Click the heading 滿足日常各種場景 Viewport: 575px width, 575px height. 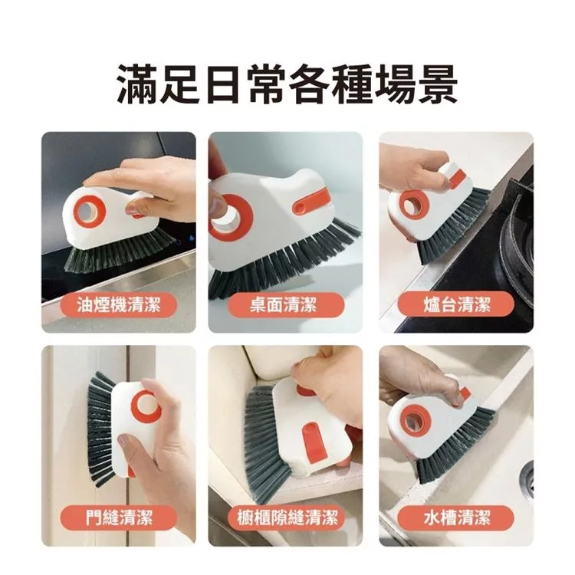tap(287, 84)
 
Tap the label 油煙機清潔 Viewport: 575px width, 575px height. tap(119, 305)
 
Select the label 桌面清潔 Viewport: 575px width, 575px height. tap(284, 305)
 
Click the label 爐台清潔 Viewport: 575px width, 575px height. tap(457, 305)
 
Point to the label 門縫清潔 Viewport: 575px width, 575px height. tap(119, 517)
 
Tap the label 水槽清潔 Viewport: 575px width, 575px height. tap(457, 517)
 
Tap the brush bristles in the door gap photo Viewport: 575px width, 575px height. tap(100, 429)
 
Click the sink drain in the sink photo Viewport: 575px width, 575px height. tap(527, 480)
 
